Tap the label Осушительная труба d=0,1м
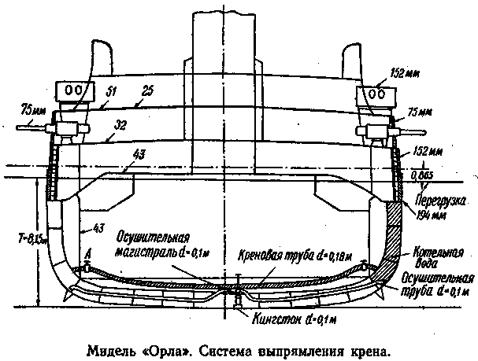tap(435, 284)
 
